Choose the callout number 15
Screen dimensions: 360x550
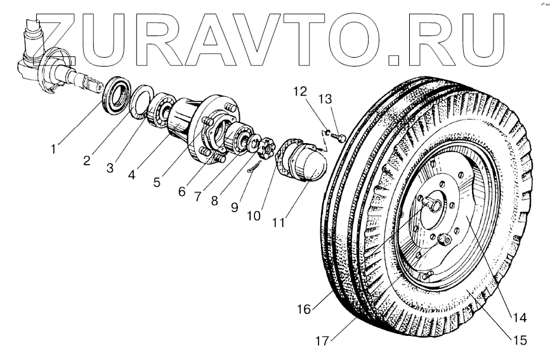click(519, 339)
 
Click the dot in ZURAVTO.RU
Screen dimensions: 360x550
click(393, 61)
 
